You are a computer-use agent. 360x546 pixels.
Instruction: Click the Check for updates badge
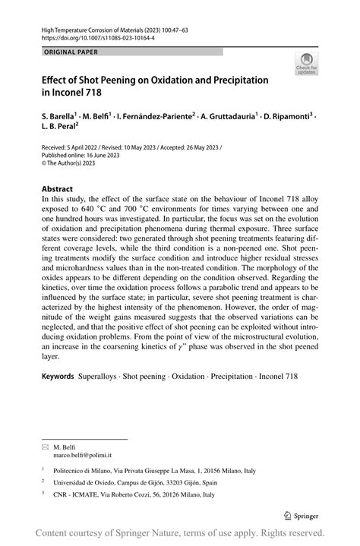(x=306, y=65)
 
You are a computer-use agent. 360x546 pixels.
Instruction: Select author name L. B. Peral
(x=61, y=128)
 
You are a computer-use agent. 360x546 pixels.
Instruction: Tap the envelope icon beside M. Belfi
(x=44, y=448)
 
